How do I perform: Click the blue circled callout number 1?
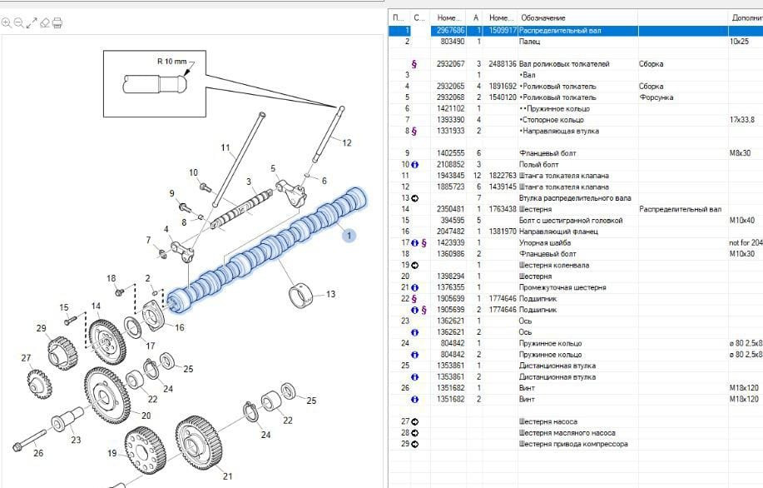[x=349, y=236]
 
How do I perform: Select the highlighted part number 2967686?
[x=451, y=30]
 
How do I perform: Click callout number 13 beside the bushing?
[x=330, y=293]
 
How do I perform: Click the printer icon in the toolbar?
[x=57, y=23]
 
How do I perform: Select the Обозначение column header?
[x=543, y=17]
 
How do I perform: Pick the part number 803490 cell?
[x=452, y=41]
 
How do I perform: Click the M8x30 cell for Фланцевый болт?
[x=740, y=153]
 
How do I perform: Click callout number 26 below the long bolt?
[x=37, y=453]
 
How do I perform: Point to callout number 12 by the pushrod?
[x=347, y=142]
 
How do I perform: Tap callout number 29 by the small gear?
[x=41, y=328]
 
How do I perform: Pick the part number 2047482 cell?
[x=451, y=232]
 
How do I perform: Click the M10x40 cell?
[x=741, y=220]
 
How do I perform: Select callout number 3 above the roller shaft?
[x=249, y=182]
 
